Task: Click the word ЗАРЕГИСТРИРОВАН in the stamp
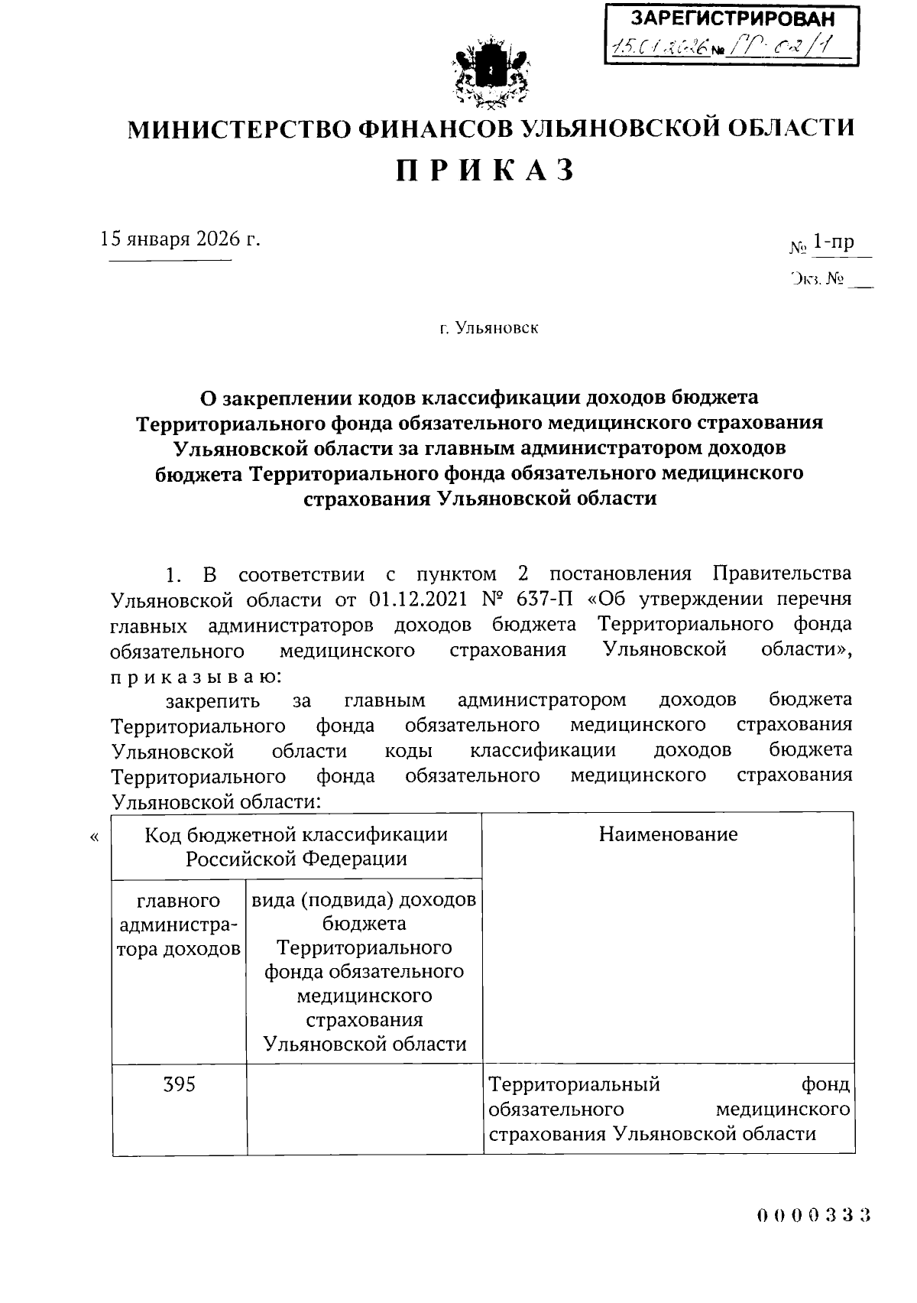tap(732, 19)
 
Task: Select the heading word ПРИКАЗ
tap(485, 171)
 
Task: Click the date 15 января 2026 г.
tap(181, 239)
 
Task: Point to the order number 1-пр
tap(833, 243)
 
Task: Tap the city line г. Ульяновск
tap(489, 329)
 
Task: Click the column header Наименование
tap(668, 834)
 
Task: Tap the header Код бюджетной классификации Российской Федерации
tap(296, 846)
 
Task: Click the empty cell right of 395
tap(365, 1108)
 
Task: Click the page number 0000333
tap(815, 1215)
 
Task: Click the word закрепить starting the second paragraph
tap(212, 700)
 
